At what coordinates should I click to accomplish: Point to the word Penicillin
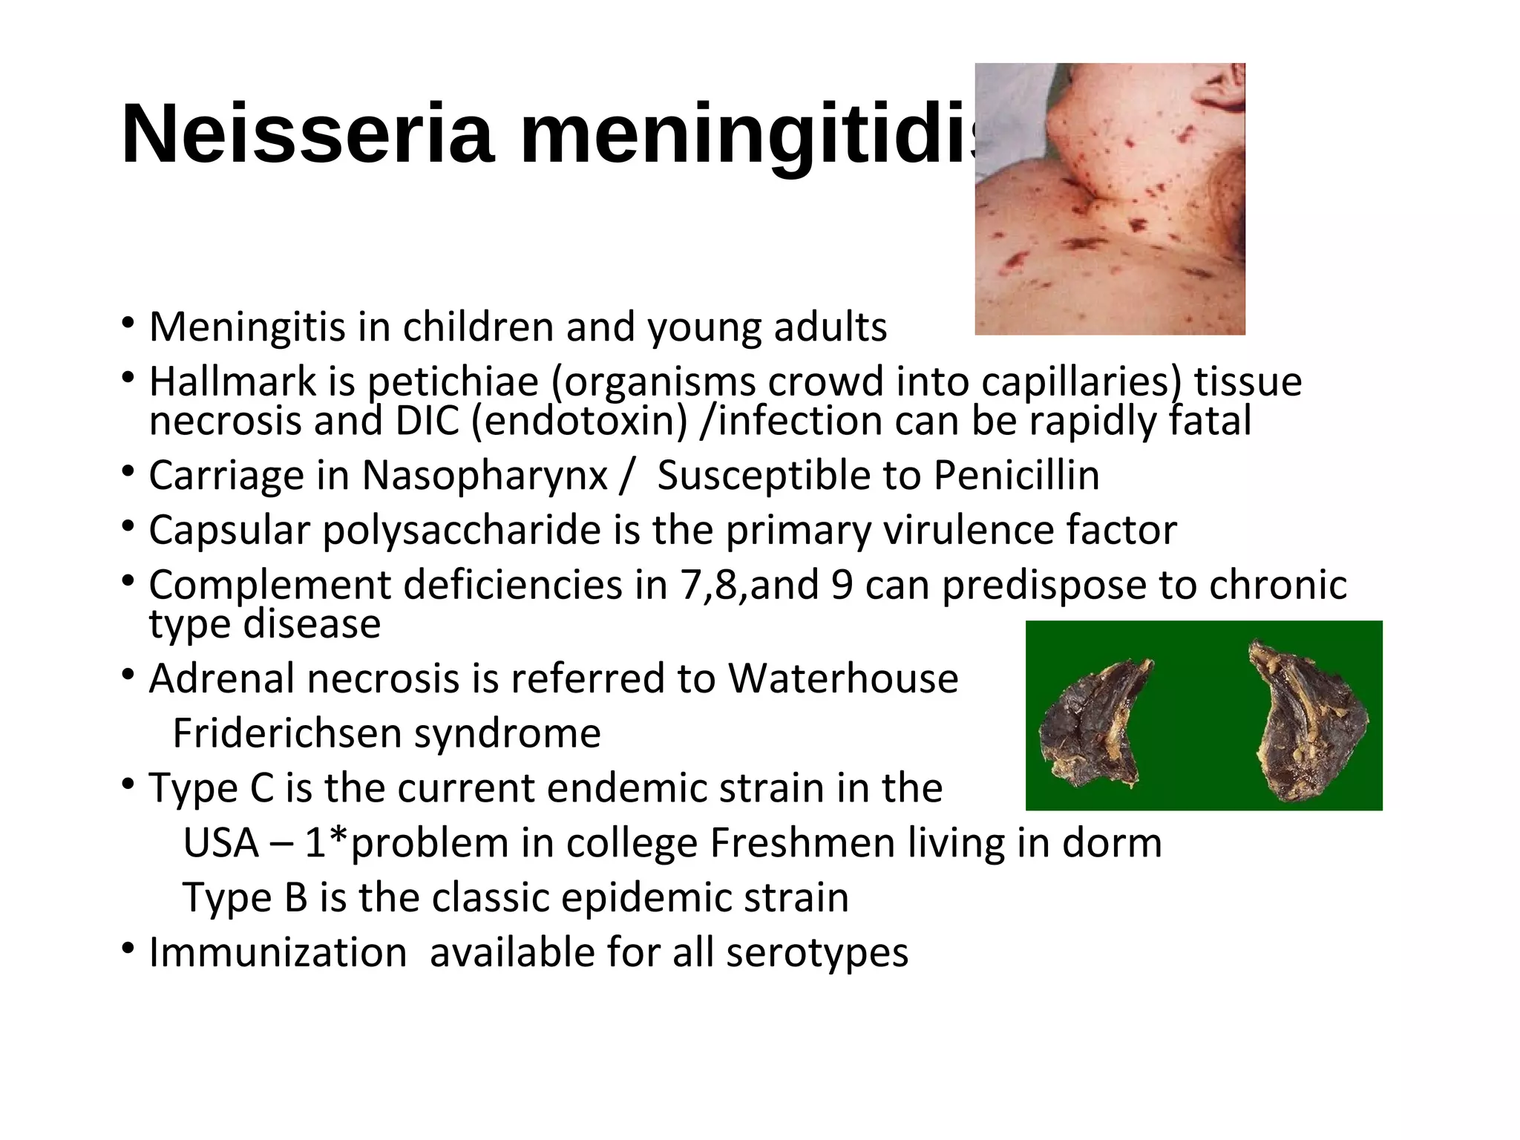1016,476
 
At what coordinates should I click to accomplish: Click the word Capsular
229,531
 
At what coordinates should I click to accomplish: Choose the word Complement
269,586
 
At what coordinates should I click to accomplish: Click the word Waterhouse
843,678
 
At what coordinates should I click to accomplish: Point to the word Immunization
278,953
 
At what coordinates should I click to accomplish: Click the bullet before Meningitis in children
128,324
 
